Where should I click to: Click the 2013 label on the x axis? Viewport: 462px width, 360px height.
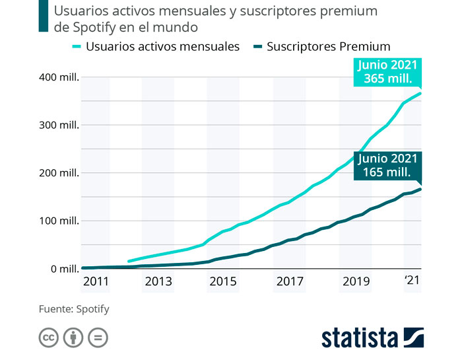point(158,281)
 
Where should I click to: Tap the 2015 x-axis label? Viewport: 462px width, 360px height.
point(224,281)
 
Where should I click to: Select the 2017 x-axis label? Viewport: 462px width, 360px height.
point(290,281)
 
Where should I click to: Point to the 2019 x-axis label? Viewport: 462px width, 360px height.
point(356,281)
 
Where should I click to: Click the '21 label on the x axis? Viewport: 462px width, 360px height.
point(412,281)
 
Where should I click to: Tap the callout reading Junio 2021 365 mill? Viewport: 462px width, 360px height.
point(387,72)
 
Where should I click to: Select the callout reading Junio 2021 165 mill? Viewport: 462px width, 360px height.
point(387,166)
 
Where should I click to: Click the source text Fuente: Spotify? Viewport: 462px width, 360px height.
point(74,308)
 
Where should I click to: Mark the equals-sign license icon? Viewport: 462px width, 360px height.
point(97,338)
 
